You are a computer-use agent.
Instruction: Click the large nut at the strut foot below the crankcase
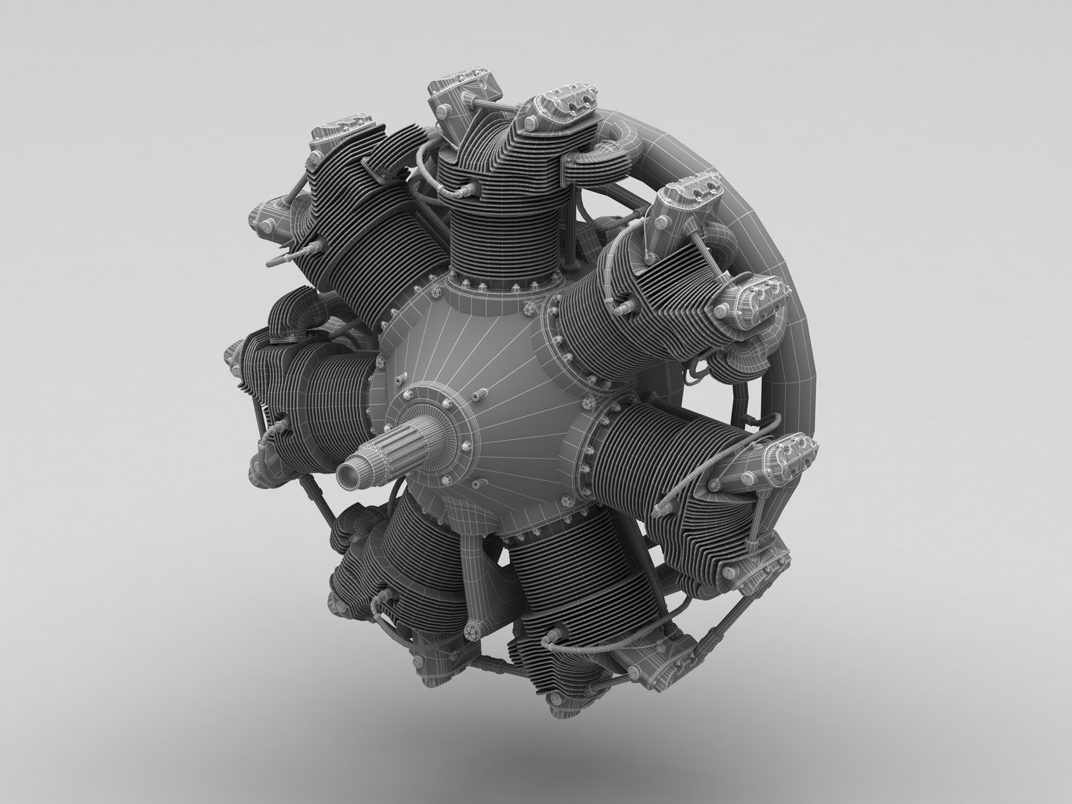[473, 633]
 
